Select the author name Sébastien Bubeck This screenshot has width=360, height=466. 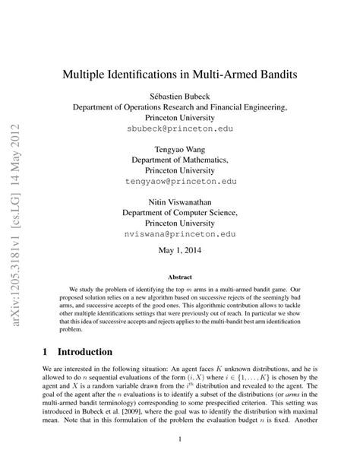180,97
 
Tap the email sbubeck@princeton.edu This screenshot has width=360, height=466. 180,130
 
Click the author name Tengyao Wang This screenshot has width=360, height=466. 180,150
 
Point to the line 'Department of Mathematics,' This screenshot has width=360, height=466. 180,160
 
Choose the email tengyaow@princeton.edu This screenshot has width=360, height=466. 180,182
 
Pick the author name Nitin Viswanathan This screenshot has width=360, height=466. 180,202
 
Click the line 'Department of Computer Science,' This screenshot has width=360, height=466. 180,214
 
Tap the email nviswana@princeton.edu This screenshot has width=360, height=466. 180,236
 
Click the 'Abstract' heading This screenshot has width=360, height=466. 180,278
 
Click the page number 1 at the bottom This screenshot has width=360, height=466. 180,439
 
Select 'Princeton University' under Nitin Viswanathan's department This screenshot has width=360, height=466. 180,224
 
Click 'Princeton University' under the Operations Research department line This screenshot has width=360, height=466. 180,119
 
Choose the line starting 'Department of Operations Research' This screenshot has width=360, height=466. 180,108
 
